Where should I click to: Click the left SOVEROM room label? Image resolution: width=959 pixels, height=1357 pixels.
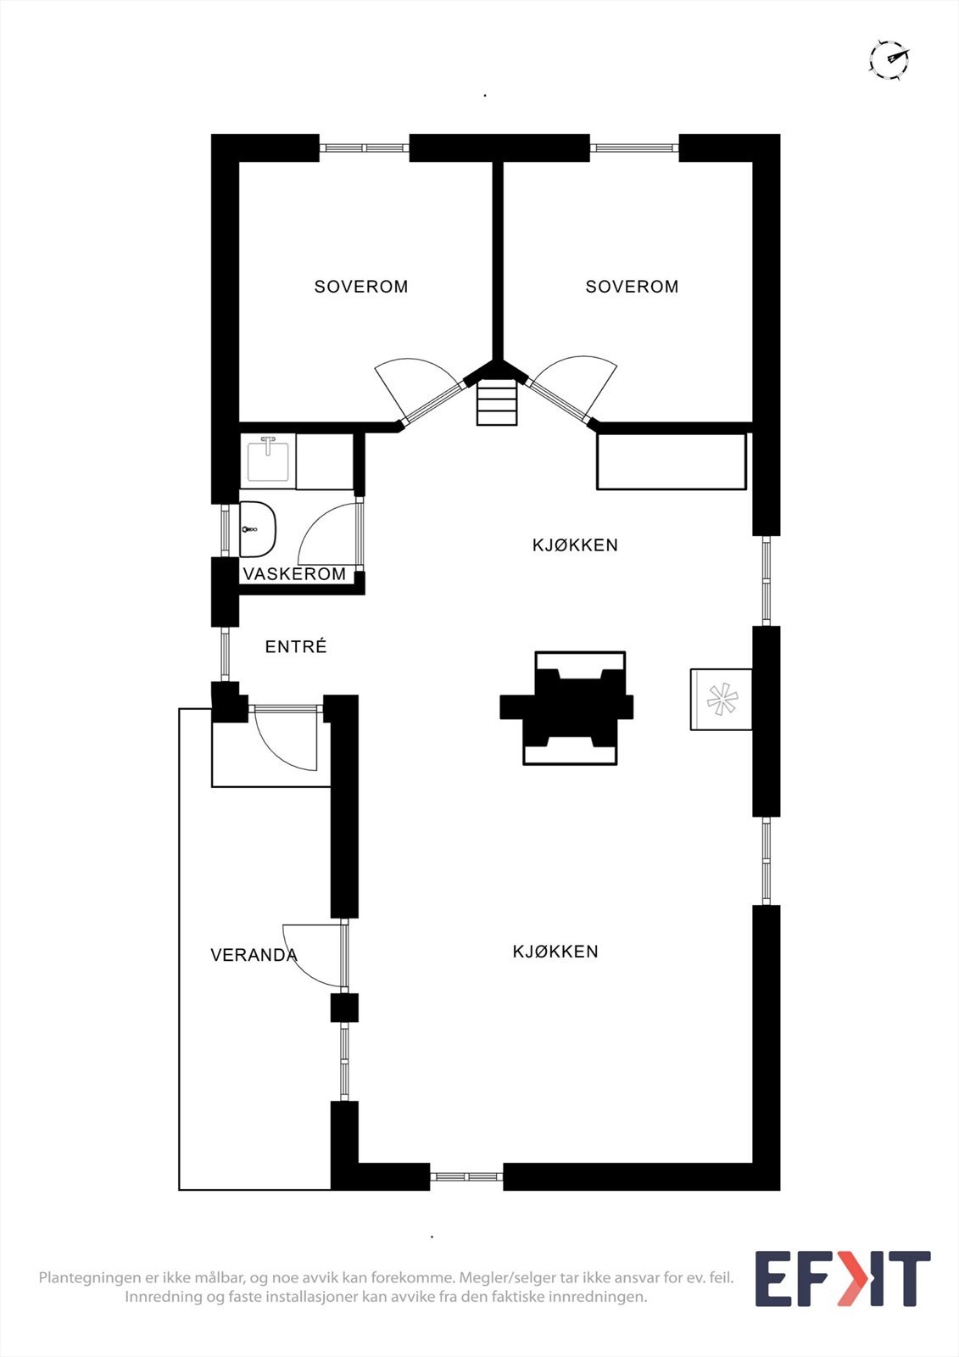coord(361,287)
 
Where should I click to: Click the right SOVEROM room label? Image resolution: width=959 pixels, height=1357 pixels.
coord(632,287)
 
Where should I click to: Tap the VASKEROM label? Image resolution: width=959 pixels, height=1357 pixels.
coord(294,573)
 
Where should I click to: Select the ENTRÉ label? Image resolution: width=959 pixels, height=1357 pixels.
coord(296,646)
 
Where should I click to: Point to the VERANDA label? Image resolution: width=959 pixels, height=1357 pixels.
coord(254,955)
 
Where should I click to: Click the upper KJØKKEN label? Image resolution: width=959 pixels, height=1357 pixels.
coord(576,545)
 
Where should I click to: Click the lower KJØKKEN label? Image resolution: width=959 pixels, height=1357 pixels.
coord(555,952)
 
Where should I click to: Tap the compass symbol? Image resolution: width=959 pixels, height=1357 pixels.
coord(889,59)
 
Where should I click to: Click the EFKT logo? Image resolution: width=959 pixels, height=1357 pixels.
coord(843,1277)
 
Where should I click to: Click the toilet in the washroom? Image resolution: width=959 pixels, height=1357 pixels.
coord(258,529)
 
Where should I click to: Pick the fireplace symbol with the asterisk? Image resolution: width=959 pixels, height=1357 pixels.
coord(721,699)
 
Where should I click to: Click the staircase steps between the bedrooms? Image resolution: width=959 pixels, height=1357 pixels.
coord(498,402)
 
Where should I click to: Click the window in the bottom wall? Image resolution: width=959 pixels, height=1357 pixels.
coord(466,1176)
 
